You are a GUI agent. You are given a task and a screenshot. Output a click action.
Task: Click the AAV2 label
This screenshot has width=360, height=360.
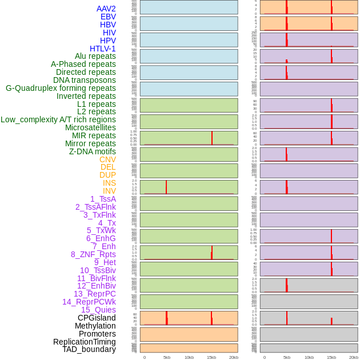[106, 9]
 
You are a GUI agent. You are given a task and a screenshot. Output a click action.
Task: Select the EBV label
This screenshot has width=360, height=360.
[108, 17]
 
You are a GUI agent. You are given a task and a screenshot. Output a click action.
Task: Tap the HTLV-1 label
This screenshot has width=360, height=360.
[103, 49]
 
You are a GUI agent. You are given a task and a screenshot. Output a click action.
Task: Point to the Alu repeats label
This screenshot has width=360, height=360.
[95, 56]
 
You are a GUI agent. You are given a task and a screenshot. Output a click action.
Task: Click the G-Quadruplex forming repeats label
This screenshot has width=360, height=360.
[61, 88]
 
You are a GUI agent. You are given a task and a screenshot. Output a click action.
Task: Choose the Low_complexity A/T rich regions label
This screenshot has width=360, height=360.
[58, 119]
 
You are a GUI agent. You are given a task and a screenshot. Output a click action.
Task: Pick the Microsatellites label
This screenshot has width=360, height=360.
[90, 127]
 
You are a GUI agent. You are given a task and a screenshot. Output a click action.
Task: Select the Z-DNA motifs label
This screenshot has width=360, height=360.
[93, 151]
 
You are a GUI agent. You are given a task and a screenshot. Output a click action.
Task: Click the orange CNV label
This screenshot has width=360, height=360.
[107, 159]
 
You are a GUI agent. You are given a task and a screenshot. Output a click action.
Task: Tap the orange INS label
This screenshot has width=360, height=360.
[109, 183]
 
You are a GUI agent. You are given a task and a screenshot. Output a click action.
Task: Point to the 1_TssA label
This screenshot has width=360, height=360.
[103, 199]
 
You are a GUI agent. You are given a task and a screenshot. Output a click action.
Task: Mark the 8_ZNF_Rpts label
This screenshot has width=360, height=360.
[93, 254]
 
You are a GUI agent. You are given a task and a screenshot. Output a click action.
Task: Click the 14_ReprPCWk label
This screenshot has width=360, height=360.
[89, 302]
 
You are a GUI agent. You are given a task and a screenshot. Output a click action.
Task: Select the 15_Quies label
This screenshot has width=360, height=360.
[98, 310]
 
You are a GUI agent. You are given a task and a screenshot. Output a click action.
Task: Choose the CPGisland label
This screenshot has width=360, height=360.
[97, 318]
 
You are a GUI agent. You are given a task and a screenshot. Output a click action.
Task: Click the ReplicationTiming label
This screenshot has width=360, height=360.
[85, 342]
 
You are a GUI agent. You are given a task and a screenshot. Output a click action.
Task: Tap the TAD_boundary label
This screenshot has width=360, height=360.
[89, 349]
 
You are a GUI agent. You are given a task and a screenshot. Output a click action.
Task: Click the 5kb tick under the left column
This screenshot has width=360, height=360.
[167, 357]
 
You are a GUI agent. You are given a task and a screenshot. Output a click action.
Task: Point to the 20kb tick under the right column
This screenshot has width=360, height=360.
[354, 357]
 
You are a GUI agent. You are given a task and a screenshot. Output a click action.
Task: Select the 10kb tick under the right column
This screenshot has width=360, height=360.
[309, 357]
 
